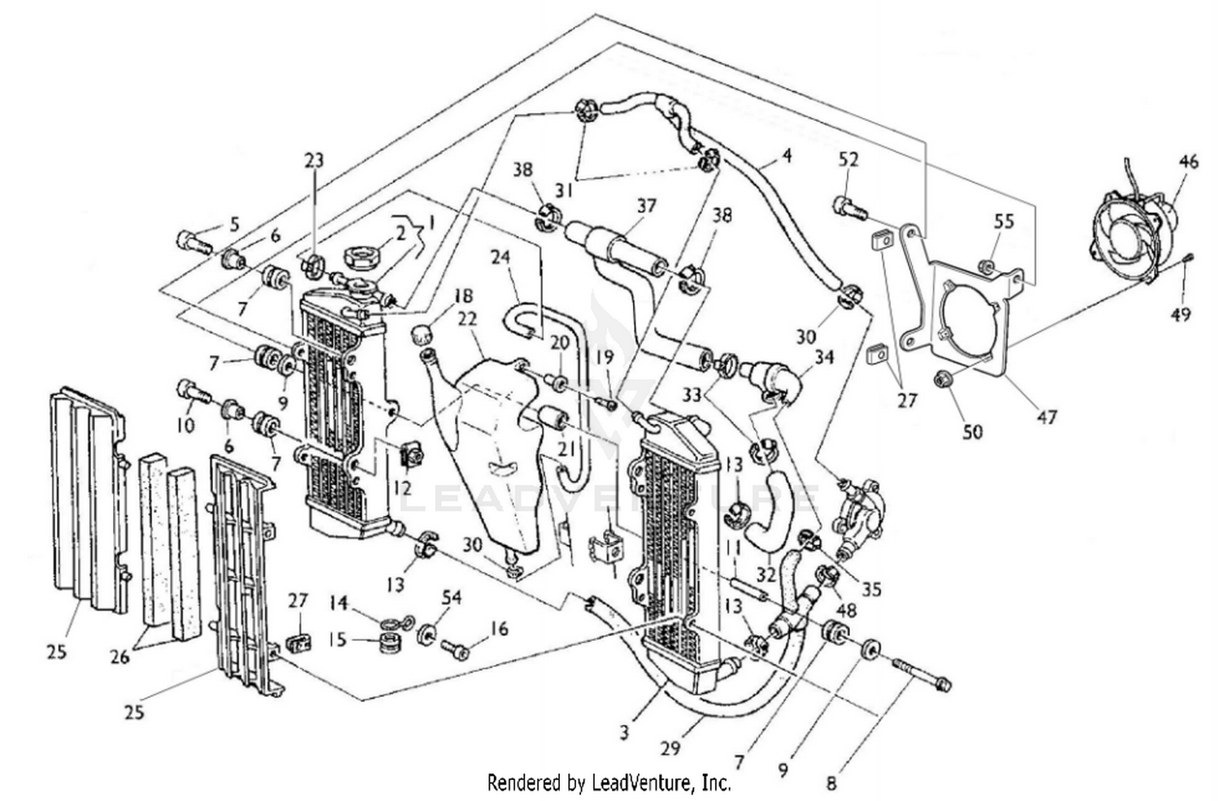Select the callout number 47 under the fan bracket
1047,417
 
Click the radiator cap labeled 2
360,260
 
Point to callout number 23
314,160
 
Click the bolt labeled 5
193,241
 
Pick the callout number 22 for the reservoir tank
466,319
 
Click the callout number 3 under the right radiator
623,733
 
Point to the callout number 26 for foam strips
119,656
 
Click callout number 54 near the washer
451,598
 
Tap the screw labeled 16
453,649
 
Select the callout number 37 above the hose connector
646,206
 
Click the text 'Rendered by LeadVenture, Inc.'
609,782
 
